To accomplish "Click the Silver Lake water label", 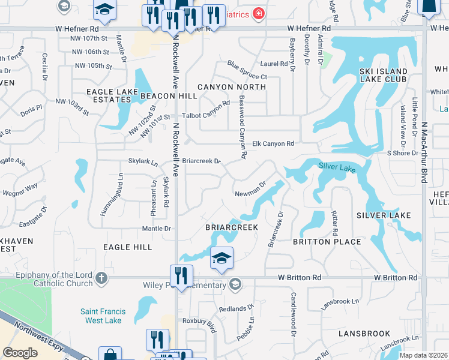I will pos(337,167).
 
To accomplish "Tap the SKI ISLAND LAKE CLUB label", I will pos(383,75).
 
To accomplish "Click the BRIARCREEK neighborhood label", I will pos(232,227).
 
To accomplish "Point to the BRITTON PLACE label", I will pos(327,242).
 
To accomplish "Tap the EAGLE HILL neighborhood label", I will pos(127,247).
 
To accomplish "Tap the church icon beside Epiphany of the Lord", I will pos(101,278).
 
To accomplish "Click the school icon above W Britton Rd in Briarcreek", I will pos(221,259).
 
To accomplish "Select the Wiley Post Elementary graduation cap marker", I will pos(236,284).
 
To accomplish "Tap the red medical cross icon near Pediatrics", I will pos(258,13).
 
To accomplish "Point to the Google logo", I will pos(20,352).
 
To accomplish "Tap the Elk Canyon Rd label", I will pos(273,144).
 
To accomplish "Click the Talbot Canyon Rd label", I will pos(206,103).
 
